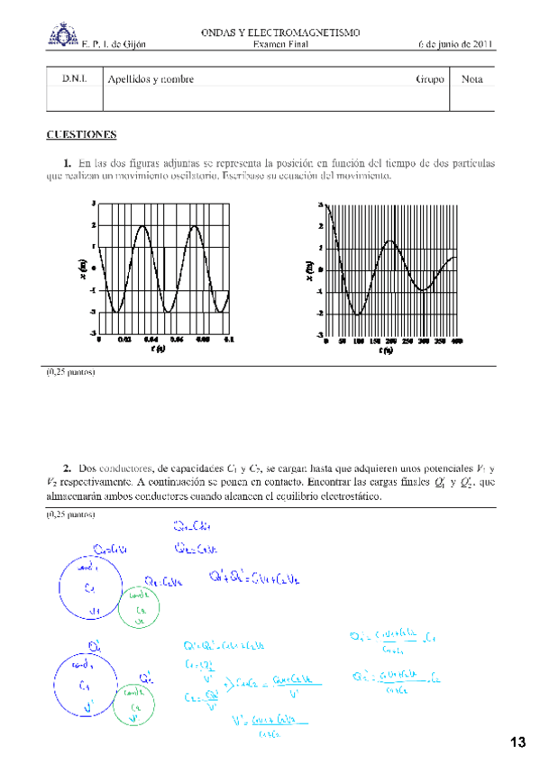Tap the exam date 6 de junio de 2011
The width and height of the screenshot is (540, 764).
pyautogui.click(x=456, y=44)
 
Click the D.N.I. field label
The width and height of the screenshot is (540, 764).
pyautogui.click(x=75, y=79)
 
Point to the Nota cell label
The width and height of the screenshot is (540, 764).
pyautogui.click(x=471, y=79)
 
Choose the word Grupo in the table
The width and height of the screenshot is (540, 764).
pyautogui.click(x=430, y=79)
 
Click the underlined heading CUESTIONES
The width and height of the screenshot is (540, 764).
pyautogui.click(x=81, y=135)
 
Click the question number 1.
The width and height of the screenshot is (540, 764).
pyautogui.click(x=68, y=163)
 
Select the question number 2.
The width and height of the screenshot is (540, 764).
pyautogui.click(x=68, y=468)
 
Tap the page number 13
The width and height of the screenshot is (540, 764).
pyautogui.click(x=517, y=742)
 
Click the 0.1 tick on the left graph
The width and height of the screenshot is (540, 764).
pyautogui.click(x=229, y=340)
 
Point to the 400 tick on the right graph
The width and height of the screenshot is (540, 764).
pyautogui.click(x=456, y=341)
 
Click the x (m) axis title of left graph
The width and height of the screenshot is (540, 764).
pyautogui.click(x=84, y=268)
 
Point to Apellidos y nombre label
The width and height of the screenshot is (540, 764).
pyautogui.click(x=151, y=79)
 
